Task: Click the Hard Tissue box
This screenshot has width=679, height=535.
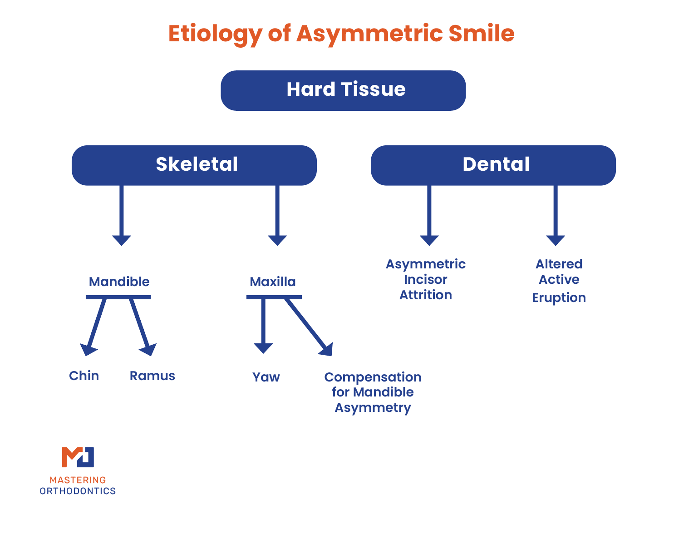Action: click(x=343, y=90)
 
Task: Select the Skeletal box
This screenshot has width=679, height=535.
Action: click(x=194, y=165)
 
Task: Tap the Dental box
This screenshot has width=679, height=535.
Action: click(x=493, y=165)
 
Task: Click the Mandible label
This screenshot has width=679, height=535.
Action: click(x=119, y=282)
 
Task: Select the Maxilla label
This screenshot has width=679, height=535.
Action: click(x=273, y=282)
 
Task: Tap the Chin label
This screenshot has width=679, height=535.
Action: click(x=84, y=376)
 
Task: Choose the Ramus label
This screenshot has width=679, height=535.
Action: click(x=153, y=376)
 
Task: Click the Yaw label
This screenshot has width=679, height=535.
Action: click(x=266, y=377)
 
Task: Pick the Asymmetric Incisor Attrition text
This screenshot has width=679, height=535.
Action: click(x=426, y=280)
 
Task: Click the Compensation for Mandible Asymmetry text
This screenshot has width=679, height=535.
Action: click(x=373, y=392)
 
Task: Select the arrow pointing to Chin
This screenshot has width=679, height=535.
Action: click(x=94, y=327)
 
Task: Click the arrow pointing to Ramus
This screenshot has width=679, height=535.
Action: click(x=141, y=327)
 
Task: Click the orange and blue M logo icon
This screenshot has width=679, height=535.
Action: click(x=78, y=457)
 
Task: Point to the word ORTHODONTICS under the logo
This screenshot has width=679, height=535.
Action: click(x=78, y=491)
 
